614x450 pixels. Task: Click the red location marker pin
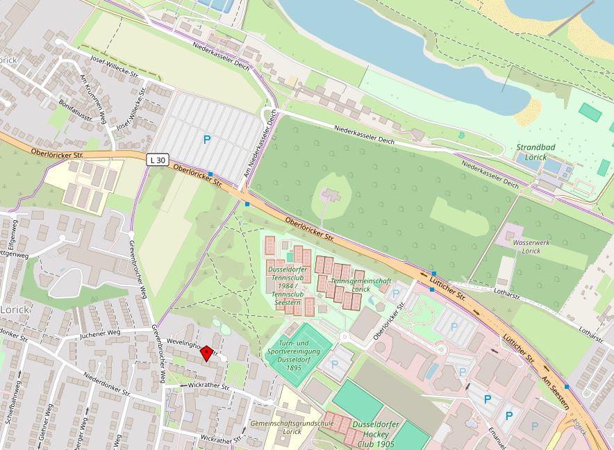coord(206,354)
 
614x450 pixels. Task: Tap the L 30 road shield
coord(158,160)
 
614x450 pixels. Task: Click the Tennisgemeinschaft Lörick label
coord(360,284)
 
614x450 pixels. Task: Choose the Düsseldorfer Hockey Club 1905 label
coord(374,433)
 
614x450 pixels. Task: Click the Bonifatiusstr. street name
coord(76,109)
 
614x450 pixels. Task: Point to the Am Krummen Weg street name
coord(92,95)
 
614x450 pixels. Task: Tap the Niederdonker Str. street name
coord(107,383)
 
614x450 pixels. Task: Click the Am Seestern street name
coord(556,390)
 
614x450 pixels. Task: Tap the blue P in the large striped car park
coord(206,140)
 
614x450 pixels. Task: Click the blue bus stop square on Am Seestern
coord(567,386)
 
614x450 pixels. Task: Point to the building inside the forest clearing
coord(331,196)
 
